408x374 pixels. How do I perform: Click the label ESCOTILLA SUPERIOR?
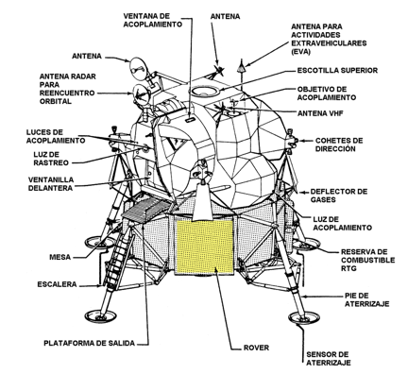(x=337, y=70)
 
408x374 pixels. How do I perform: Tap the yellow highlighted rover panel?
(x=205, y=246)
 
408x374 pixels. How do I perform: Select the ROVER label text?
(x=256, y=348)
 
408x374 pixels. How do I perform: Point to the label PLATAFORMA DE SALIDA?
(x=89, y=343)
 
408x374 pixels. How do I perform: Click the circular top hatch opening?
(x=205, y=91)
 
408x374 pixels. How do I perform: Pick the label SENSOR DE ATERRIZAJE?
(x=329, y=359)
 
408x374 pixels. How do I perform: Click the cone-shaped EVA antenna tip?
(x=241, y=66)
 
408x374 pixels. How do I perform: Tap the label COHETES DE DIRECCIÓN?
(x=339, y=144)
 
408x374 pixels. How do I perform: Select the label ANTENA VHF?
(x=320, y=113)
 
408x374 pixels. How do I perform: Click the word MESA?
(x=59, y=257)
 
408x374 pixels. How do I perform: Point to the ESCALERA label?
(x=57, y=284)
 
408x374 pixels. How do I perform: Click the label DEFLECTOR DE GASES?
(x=339, y=195)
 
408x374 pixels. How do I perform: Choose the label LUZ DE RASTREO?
(x=51, y=159)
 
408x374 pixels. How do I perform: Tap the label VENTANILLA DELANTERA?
(x=51, y=184)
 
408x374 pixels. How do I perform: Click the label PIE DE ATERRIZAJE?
(x=366, y=299)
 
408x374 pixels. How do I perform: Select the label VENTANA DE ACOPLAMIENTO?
(x=152, y=20)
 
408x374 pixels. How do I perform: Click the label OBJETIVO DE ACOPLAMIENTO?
(x=327, y=93)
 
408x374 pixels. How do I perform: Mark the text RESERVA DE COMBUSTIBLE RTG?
(x=367, y=260)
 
